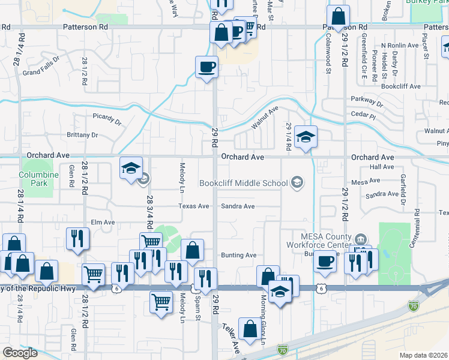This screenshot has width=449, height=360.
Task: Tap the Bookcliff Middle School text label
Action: click(243, 182)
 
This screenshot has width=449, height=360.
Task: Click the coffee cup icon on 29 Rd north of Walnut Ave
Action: click(206, 67)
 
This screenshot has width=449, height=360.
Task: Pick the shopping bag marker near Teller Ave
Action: click(249, 329)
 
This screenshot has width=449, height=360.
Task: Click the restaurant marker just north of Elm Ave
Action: click(79, 238)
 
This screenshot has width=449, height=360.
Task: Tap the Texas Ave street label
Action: click(193, 206)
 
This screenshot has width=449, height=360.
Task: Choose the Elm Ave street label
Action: click(102, 222)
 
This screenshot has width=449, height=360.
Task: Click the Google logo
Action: click(20, 353)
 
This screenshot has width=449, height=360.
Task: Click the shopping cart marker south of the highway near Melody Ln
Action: click(161, 302)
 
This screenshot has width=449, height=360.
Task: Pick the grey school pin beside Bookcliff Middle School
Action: click(296, 182)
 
